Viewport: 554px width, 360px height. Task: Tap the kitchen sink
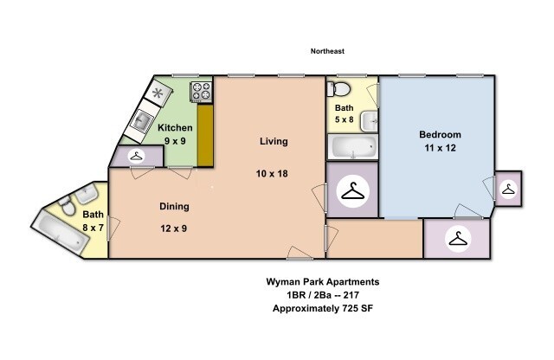click(x=143, y=121)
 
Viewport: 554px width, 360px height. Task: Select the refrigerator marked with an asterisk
click(x=158, y=93)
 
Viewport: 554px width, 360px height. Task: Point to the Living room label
click(x=274, y=141)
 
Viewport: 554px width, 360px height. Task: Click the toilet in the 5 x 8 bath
click(x=339, y=87)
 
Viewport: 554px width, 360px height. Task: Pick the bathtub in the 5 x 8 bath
click(x=351, y=148)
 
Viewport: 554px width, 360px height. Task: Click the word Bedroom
click(x=440, y=134)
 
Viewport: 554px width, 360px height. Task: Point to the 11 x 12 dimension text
click(x=440, y=148)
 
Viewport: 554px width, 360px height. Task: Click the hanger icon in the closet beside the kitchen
click(x=137, y=157)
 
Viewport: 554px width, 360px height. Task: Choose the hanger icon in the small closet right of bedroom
click(x=508, y=187)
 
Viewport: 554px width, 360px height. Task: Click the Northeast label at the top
click(x=327, y=51)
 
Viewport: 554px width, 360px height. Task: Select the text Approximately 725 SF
click(x=321, y=309)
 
